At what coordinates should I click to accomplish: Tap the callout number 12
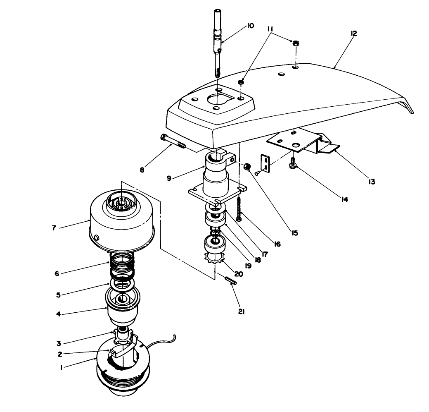(x=353, y=33)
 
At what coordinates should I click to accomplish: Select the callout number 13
(x=372, y=181)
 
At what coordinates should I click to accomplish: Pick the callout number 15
(x=294, y=233)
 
